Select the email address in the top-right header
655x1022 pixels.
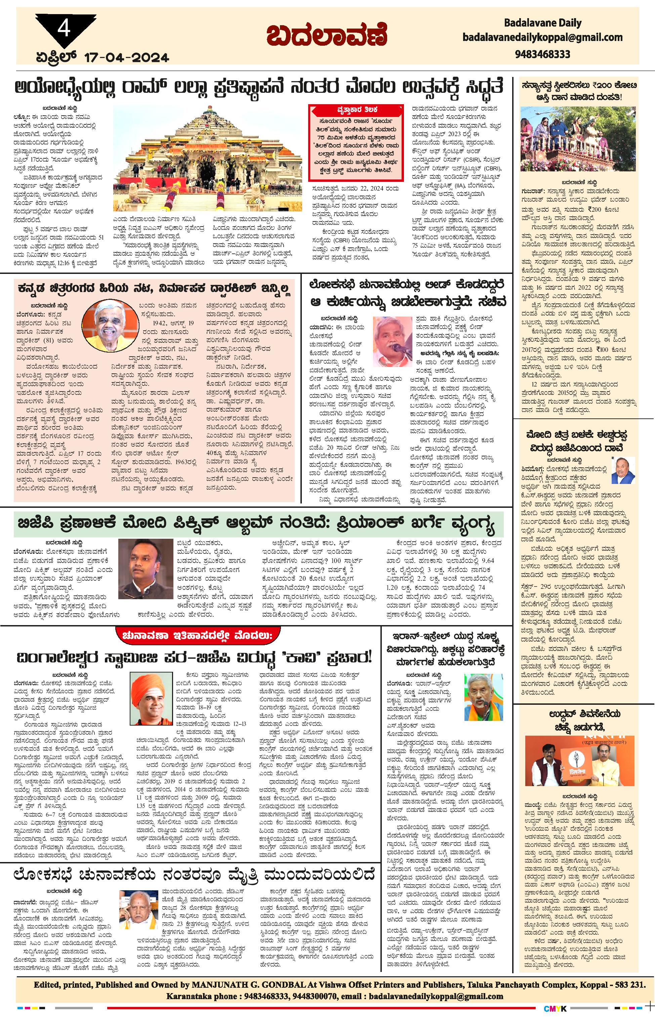pyautogui.click(x=542, y=37)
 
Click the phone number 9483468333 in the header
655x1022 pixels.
pyautogui.click(x=542, y=54)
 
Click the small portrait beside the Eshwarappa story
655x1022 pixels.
pyautogui.click(x=623, y=471)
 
